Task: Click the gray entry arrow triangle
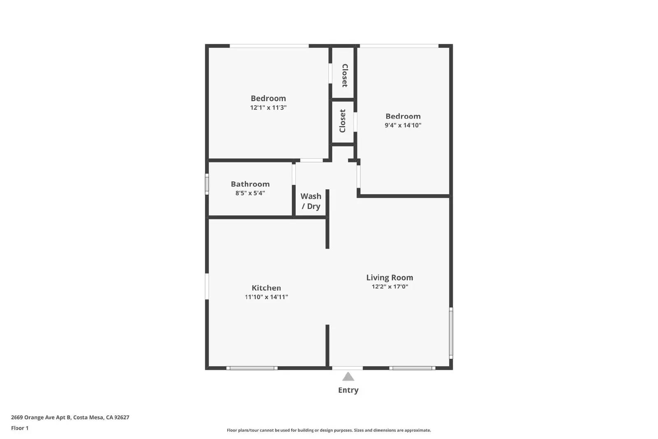[348, 377]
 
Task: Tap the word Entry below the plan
[348, 390]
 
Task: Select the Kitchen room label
[266, 288]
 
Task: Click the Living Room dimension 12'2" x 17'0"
[389, 287]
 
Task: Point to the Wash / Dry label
[311, 201]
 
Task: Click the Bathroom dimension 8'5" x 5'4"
[250, 193]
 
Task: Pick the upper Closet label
[345, 76]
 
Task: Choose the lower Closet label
[343, 121]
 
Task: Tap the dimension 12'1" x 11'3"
[268, 108]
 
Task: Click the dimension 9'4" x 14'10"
[403, 125]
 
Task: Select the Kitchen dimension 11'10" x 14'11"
[266, 297]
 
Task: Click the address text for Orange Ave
[70, 417]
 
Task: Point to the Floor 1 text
[20, 428]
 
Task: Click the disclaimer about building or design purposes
[329, 430]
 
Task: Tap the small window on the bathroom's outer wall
[207, 184]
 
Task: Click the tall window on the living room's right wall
[451, 332]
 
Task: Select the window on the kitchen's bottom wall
[252, 368]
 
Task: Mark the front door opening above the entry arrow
[348, 368]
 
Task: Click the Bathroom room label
[250, 184]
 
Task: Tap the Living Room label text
[389, 278]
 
